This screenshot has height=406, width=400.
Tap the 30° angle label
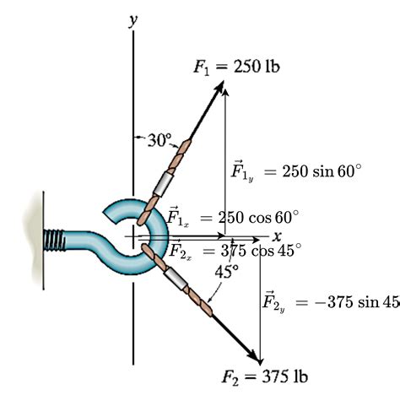[159, 140]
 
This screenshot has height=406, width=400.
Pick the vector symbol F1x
[178, 217]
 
